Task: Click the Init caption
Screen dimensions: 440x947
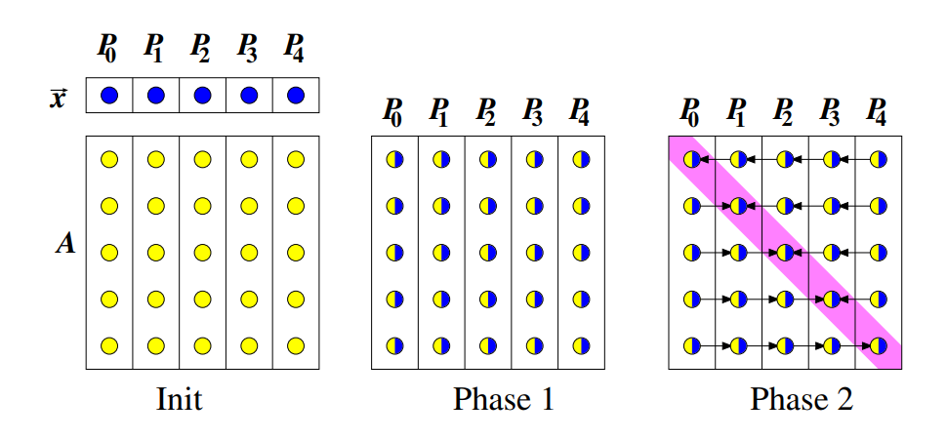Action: click(x=180, y=399)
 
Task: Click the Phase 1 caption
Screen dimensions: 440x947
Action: click(x=503, y=399)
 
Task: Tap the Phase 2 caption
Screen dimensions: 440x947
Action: click(x=802, y=399)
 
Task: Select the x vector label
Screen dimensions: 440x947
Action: click(x=61, y=98)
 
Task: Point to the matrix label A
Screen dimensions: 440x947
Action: click(x=65, y=244)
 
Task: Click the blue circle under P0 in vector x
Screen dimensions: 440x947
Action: click(x=109, y=96)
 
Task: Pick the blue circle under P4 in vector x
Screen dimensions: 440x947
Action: click(x=296, y=96)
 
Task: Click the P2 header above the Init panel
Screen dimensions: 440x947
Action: click(x=201, y=46)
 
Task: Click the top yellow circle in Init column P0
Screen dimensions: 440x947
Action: click(x=109, y=159)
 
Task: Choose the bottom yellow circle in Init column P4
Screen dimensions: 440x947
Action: click(x=296, y=345)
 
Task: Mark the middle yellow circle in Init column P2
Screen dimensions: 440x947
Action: click(x=202, y=253)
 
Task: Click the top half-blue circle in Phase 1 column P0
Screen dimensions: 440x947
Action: click(x=394, y=159)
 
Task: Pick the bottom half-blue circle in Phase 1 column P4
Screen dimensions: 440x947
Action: click(x=582, y=345)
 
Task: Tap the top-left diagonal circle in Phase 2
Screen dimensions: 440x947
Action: click(x=691, y=159)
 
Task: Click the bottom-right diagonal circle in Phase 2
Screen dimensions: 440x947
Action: click(x=879, y=345)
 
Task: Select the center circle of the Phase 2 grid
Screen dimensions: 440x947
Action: click(x=785, y=253)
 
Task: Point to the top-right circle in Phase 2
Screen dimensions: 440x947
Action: click(x=879, y=159)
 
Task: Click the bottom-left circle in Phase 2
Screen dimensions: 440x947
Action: click(x=691, y=345)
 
